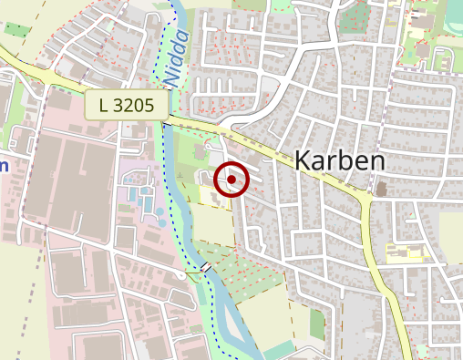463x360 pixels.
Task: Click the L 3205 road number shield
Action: [x=128, y=105]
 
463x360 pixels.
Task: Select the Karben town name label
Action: [x=340, y=161]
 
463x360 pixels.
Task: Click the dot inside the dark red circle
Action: [x=232, y=180]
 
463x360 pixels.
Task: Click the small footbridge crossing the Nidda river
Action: [x=207, y=267]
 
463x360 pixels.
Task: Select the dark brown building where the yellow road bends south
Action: [x=380, y=189]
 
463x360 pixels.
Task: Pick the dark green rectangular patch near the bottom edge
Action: [x=317, y=324]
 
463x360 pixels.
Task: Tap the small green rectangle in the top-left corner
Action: [x=16, y=29]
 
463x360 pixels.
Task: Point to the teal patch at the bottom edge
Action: [x=278, y=351]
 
